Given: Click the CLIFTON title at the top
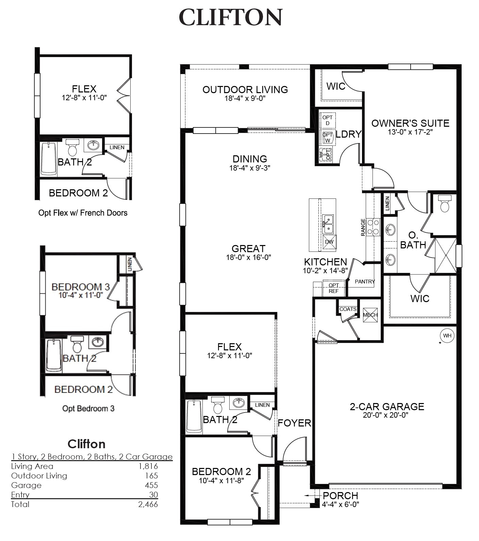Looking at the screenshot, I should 230,18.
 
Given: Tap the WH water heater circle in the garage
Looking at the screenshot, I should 447,336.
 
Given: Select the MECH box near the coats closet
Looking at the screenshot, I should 370,315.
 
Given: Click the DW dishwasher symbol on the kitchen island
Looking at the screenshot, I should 329,242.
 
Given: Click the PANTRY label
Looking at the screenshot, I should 365,281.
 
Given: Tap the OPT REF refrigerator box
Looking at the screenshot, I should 334,288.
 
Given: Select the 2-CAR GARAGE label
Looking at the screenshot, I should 387,406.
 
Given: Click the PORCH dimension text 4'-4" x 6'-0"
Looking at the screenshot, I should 341,505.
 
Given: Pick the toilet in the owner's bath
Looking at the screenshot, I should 444,204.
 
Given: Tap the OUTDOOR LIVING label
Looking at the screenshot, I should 245,90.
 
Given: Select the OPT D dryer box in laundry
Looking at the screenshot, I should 328,120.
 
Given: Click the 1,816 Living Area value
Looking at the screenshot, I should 148,466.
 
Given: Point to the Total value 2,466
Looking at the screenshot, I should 148,504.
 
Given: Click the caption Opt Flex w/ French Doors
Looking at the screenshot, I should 83,213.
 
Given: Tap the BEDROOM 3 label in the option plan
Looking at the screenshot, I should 81,287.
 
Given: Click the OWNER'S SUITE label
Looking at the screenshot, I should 410,123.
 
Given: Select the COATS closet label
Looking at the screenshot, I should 348,309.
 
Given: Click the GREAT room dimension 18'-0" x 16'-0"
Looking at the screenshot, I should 248,257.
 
